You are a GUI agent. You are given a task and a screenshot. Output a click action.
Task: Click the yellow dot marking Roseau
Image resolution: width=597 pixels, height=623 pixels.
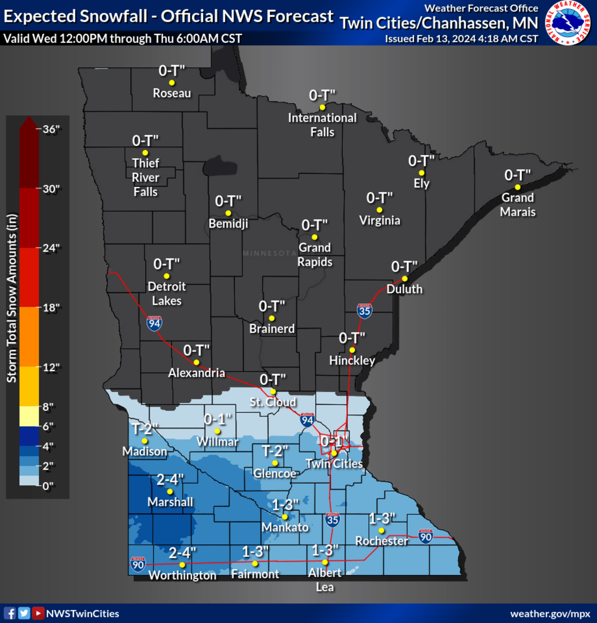tap(172, 83)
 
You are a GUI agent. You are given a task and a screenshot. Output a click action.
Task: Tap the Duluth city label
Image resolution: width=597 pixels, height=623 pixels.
tap(404, 289)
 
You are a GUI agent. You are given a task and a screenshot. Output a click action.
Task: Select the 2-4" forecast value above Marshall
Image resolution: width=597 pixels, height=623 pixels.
tap(170, 479)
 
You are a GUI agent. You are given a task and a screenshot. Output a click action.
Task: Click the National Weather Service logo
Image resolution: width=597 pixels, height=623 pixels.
tap(568, 23)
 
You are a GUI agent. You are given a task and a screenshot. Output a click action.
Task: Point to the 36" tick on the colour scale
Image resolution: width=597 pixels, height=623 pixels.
tap(51, 129)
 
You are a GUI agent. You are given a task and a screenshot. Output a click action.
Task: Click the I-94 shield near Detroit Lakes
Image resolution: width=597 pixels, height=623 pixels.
tap(154, 323)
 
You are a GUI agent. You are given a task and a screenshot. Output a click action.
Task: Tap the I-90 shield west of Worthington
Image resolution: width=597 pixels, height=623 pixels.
tap(138, 564)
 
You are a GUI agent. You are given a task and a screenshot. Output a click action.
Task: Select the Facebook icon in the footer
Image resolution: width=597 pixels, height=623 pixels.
tap(10, 613)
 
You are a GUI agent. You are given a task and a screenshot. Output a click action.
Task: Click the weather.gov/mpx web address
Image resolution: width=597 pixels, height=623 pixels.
tap(550, 614)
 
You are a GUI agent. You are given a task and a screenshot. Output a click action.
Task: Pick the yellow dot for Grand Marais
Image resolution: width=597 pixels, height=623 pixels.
tap(518, 187)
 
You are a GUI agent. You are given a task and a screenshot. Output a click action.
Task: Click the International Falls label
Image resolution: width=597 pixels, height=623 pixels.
tap(322, 125)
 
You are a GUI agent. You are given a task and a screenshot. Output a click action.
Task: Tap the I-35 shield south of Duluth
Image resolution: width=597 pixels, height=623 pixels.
tap(364, 310)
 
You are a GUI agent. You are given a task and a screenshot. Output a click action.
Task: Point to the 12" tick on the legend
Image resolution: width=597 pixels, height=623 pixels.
tap(51, 368)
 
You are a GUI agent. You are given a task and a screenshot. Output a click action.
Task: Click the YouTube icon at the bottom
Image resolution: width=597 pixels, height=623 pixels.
tap(38, 613)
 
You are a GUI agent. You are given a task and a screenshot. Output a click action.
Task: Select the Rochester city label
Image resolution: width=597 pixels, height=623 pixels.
tap(382, 541)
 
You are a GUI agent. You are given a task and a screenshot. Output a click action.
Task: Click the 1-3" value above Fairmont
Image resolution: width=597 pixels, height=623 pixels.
tap(255, 551)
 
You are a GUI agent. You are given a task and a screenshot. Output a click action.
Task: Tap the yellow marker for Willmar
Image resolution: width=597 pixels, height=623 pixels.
tap(218, 431)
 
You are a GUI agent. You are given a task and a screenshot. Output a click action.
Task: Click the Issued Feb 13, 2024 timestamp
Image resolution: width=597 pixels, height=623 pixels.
tap(461, 39)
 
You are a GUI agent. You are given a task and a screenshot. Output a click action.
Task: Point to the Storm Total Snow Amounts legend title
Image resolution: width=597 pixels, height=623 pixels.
tap(12, 299)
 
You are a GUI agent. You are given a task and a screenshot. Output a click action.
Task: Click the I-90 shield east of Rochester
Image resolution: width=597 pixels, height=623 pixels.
tap(425, 536)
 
